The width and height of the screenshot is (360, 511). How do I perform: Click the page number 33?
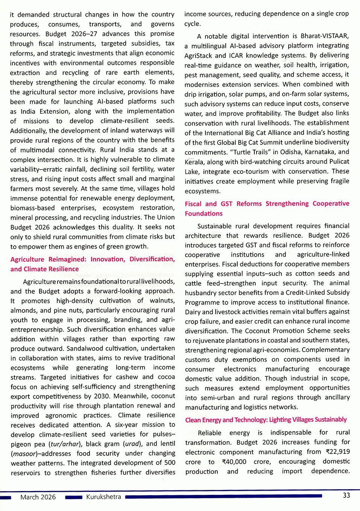coord(346,495)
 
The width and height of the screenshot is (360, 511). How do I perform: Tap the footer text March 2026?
coord(38,497)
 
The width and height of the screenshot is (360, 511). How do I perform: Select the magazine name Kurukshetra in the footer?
coord(103,497)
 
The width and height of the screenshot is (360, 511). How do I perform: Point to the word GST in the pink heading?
coord(226,204)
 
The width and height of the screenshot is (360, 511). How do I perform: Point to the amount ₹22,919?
coord(337,452)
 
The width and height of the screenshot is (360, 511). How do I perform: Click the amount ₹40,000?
coord(234,461)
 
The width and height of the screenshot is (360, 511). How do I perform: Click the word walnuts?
coord(162,301)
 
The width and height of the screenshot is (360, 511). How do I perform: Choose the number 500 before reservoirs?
coord(170,462)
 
